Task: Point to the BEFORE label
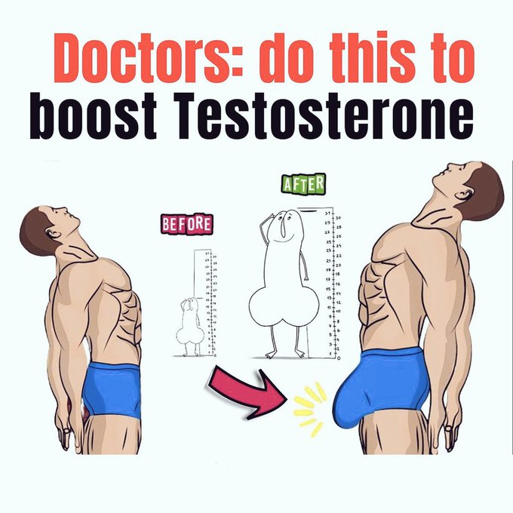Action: (186, 223)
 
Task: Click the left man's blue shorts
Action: (113, 389)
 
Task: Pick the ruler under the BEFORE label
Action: (205, 302)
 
